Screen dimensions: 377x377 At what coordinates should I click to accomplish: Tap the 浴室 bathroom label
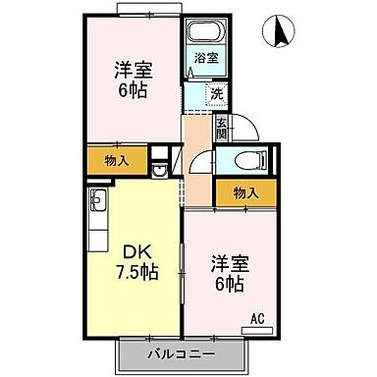click(205, 58)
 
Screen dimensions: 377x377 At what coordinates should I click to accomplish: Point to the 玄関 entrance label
click(222, 127)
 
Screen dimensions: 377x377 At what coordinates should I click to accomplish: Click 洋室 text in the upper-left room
click(132, 70)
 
